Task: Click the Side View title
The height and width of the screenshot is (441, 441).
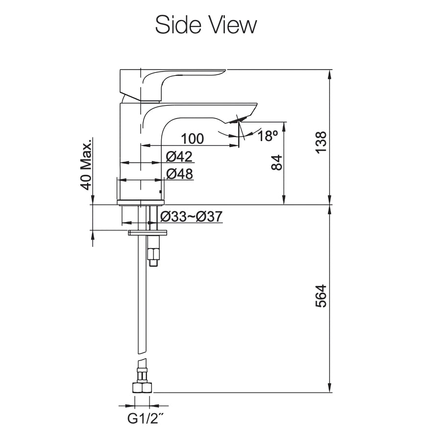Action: (206, 25)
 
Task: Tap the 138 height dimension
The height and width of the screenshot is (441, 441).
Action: (321, 142)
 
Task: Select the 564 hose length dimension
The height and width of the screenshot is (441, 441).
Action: (321, 296)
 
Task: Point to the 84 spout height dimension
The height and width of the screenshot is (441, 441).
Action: (277, 163)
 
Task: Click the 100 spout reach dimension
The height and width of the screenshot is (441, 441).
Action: (193, 139)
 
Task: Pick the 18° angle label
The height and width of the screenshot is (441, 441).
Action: (268, 136)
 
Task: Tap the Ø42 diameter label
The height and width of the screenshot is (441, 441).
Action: (179, 157)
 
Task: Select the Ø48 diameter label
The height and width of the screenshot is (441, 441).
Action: (180, 174)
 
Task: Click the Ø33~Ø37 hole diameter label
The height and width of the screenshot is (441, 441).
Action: (191, 217)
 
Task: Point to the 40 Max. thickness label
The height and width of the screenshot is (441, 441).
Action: (86, 164)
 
